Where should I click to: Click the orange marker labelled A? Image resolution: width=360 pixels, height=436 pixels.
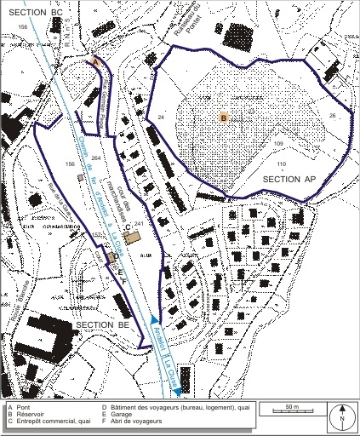pos(96,62)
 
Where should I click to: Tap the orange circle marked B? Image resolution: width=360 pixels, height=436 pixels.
pos(224,118)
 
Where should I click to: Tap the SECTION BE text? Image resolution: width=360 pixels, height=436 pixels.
pos(100,326)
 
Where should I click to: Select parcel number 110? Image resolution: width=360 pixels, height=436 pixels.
pos(282,162)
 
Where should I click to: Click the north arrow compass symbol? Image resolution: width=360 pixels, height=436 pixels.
pos(340,416)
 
